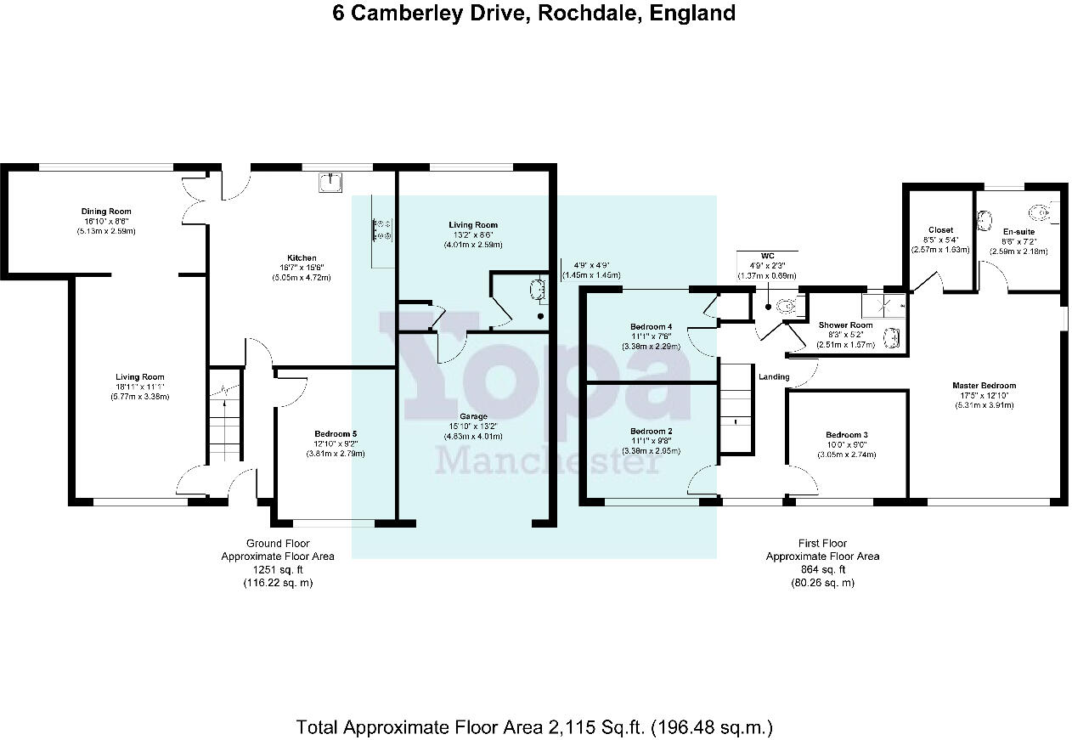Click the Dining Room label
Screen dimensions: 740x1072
(x=106, y=212)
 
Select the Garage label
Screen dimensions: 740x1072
(x=475, y=416)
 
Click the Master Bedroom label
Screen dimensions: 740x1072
(x=984, y=386)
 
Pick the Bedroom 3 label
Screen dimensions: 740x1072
(x=847, y=435)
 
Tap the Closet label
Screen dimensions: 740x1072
(x=940, y=230)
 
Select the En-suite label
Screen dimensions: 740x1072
(x=1018, y=231)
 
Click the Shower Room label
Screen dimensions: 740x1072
(x=845, y=325)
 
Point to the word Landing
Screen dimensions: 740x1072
(x=774, y=377)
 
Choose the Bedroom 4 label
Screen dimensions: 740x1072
(x=652, y=327)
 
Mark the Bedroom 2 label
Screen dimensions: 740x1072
(x=652, y=432)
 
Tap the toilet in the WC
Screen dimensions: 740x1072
(x=786, y=307)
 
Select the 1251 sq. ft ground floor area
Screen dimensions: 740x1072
(x=278, y=570)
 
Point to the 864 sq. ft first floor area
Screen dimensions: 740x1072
(x=822, y=570)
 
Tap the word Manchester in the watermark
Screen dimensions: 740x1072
(x=533, y=460)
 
